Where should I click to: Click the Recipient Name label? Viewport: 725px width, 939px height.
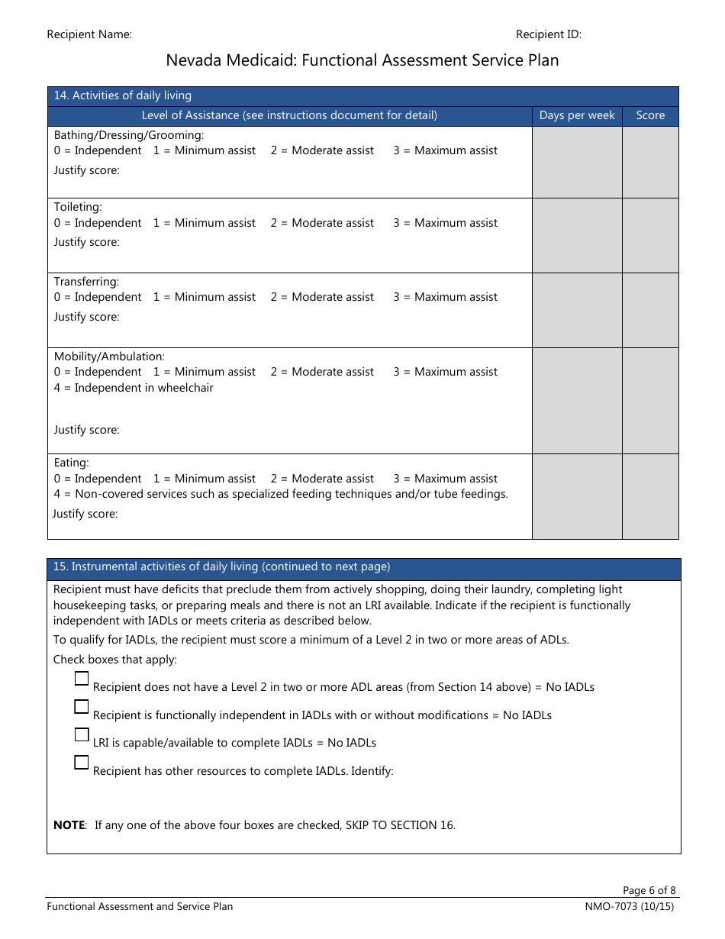click(x=89, y=34)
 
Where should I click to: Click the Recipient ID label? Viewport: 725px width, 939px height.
click(x=548, y=34)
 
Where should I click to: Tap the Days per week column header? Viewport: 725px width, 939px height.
click(x=577, y=115)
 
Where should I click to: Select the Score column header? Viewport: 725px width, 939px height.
click(x=650, y=115)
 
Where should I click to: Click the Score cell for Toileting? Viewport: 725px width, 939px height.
click(x=650, y=235)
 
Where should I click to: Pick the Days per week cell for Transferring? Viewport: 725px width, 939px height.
click(x=577, y=310)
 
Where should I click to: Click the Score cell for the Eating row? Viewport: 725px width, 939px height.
click(x=650, y=496)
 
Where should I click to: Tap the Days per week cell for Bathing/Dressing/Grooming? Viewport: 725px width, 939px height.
click(x=577, y=162)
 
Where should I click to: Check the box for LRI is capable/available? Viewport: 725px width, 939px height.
click(x=82, y=734)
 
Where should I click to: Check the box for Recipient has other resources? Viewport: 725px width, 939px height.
click(x=82, y=762)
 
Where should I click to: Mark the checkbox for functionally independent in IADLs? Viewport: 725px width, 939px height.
click(x=82, y=706)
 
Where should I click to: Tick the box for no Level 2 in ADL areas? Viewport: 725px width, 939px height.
click(x=82, y=679)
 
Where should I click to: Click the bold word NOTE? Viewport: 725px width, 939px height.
click(x=69, y=825)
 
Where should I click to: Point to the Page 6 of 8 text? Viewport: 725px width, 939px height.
click(x=649, y=890)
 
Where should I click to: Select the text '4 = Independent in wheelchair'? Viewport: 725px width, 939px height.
click(x=134, y=388)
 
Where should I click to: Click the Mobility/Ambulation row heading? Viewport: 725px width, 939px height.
click(x=109, y=357)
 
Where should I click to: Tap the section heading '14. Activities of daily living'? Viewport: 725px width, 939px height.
click(x=122, y=95)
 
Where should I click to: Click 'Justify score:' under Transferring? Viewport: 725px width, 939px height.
click(x=86, y=317)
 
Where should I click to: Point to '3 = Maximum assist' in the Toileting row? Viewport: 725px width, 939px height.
click(x=445, y=223)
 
